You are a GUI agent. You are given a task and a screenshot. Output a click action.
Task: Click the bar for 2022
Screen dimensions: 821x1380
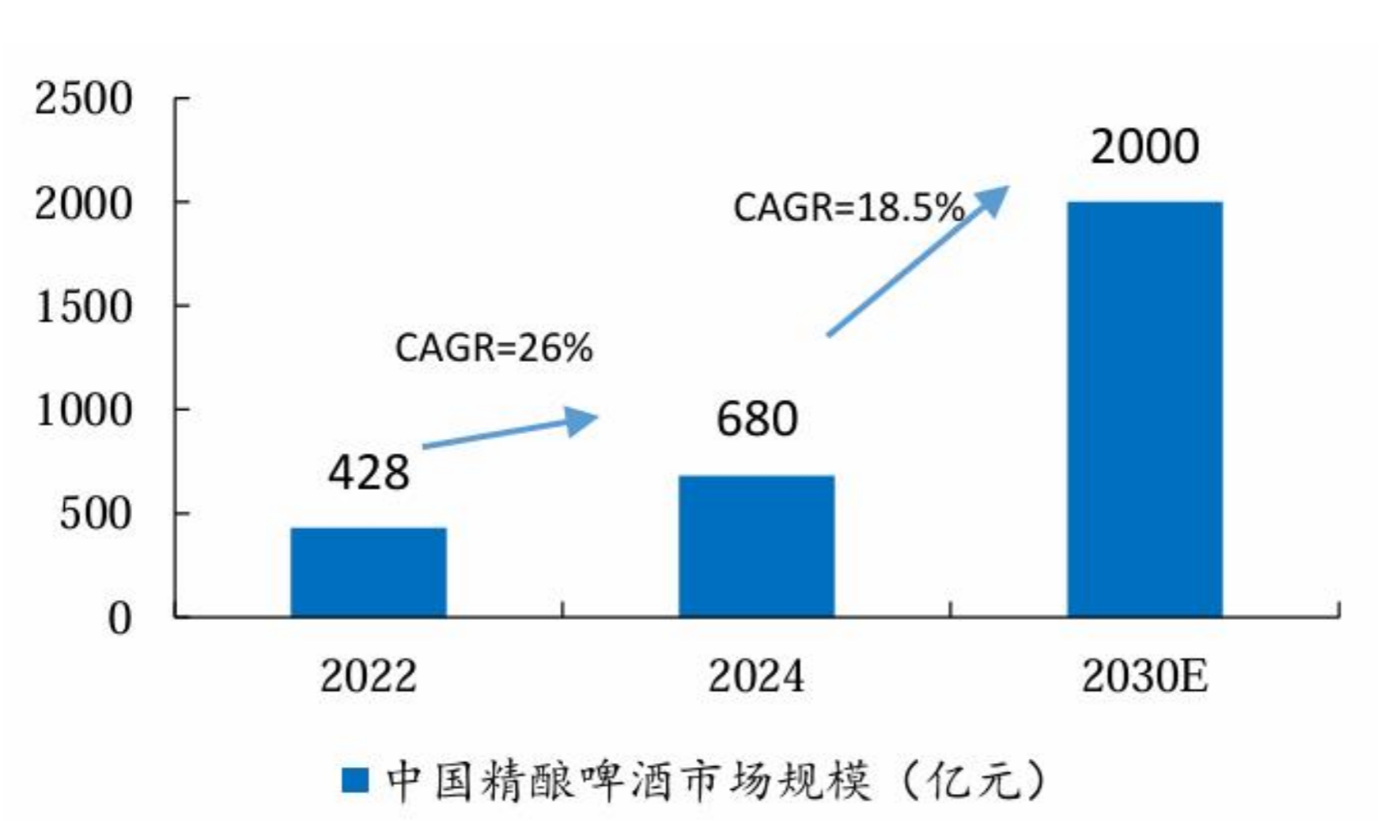coord(369,572)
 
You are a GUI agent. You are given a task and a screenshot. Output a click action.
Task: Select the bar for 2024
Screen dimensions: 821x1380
coord(756,546)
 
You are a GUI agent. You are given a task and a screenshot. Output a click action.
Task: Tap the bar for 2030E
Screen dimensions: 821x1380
coord(1144,409)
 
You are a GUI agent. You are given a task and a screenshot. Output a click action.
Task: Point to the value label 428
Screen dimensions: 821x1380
coord(369,473)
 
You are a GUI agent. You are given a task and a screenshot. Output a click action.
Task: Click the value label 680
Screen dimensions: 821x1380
coord(756,419)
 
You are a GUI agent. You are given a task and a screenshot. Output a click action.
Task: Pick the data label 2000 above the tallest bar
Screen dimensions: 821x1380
coord(1144,147)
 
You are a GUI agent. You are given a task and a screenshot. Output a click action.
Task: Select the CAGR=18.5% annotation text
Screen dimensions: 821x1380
coord(848,208)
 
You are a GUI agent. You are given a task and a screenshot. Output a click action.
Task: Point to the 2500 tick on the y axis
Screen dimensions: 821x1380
coord(83,99)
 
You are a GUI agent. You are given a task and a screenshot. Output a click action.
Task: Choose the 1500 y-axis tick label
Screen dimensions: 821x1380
coord(83,307)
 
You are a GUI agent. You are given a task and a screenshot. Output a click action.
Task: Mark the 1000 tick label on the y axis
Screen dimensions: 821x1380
coord(83,411)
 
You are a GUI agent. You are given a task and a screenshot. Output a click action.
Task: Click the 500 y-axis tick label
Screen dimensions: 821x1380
coord(95,515)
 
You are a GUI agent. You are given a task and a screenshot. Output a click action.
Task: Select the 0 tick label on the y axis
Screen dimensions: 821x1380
coord(120,619)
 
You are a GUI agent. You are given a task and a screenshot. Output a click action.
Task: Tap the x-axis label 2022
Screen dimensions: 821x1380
coord(369,676)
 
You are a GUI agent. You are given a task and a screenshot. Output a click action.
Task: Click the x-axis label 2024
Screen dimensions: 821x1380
coord(756,676)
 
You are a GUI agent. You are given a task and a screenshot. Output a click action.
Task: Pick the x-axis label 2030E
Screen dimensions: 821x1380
coord(1144,676)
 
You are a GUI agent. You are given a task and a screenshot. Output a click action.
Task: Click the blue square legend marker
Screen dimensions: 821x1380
coord(355,781)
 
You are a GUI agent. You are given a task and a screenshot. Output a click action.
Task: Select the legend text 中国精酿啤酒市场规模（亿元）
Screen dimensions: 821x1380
coord(715,781)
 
